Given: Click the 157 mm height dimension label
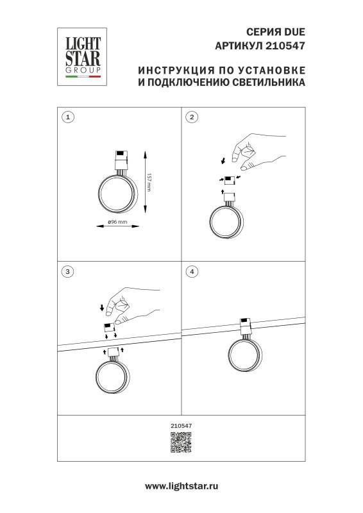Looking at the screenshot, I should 149,182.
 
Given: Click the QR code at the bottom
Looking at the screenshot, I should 181,443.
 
